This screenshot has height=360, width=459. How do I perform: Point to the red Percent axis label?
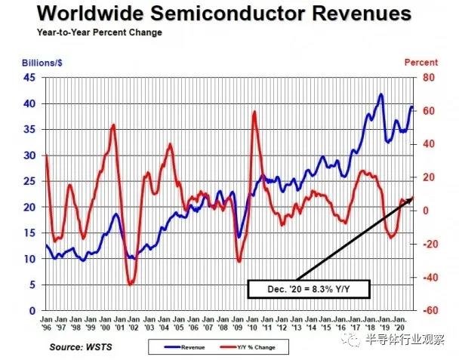[422, 62]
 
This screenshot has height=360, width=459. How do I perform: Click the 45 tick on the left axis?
[30, 78]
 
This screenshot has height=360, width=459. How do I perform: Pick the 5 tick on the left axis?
[32, 285]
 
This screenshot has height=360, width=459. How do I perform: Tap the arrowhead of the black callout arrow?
[412, 198]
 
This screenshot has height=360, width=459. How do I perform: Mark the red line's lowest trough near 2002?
[130, 284]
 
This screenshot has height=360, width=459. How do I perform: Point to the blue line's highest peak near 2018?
[380, 94]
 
